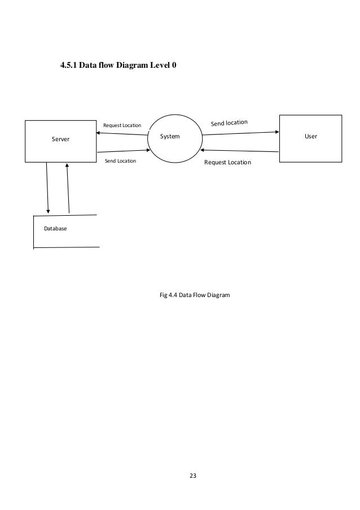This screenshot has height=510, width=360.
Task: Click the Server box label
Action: click(x=60, y=138)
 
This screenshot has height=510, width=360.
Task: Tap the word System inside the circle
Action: click(x=170, y=136)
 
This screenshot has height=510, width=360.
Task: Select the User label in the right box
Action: click(x=310, y=137)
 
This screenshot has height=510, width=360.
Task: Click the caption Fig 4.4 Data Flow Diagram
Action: click(x=195, y=295)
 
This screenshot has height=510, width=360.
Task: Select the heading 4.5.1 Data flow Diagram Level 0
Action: click(x=118, y=66)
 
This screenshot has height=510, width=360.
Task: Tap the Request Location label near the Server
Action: click(x=122, y=125)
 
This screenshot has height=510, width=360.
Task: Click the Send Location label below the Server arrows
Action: click(x=121, y=161)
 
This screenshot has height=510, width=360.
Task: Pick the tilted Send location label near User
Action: click(x=229, y=122)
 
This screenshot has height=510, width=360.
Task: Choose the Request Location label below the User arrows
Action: click(x=227, y=162)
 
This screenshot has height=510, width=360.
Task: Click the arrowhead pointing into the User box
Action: click(x=277, y=133)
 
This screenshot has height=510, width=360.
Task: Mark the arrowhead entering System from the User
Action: click(x=203, y=150)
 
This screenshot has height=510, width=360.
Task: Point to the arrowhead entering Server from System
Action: click(x=99, y=133)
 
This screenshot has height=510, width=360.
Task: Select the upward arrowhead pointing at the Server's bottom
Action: click(x=67, y=165)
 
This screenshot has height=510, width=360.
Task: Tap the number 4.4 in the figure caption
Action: click(x=174, y=295)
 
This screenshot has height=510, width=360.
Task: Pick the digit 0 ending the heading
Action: click(x=174, y=66)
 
